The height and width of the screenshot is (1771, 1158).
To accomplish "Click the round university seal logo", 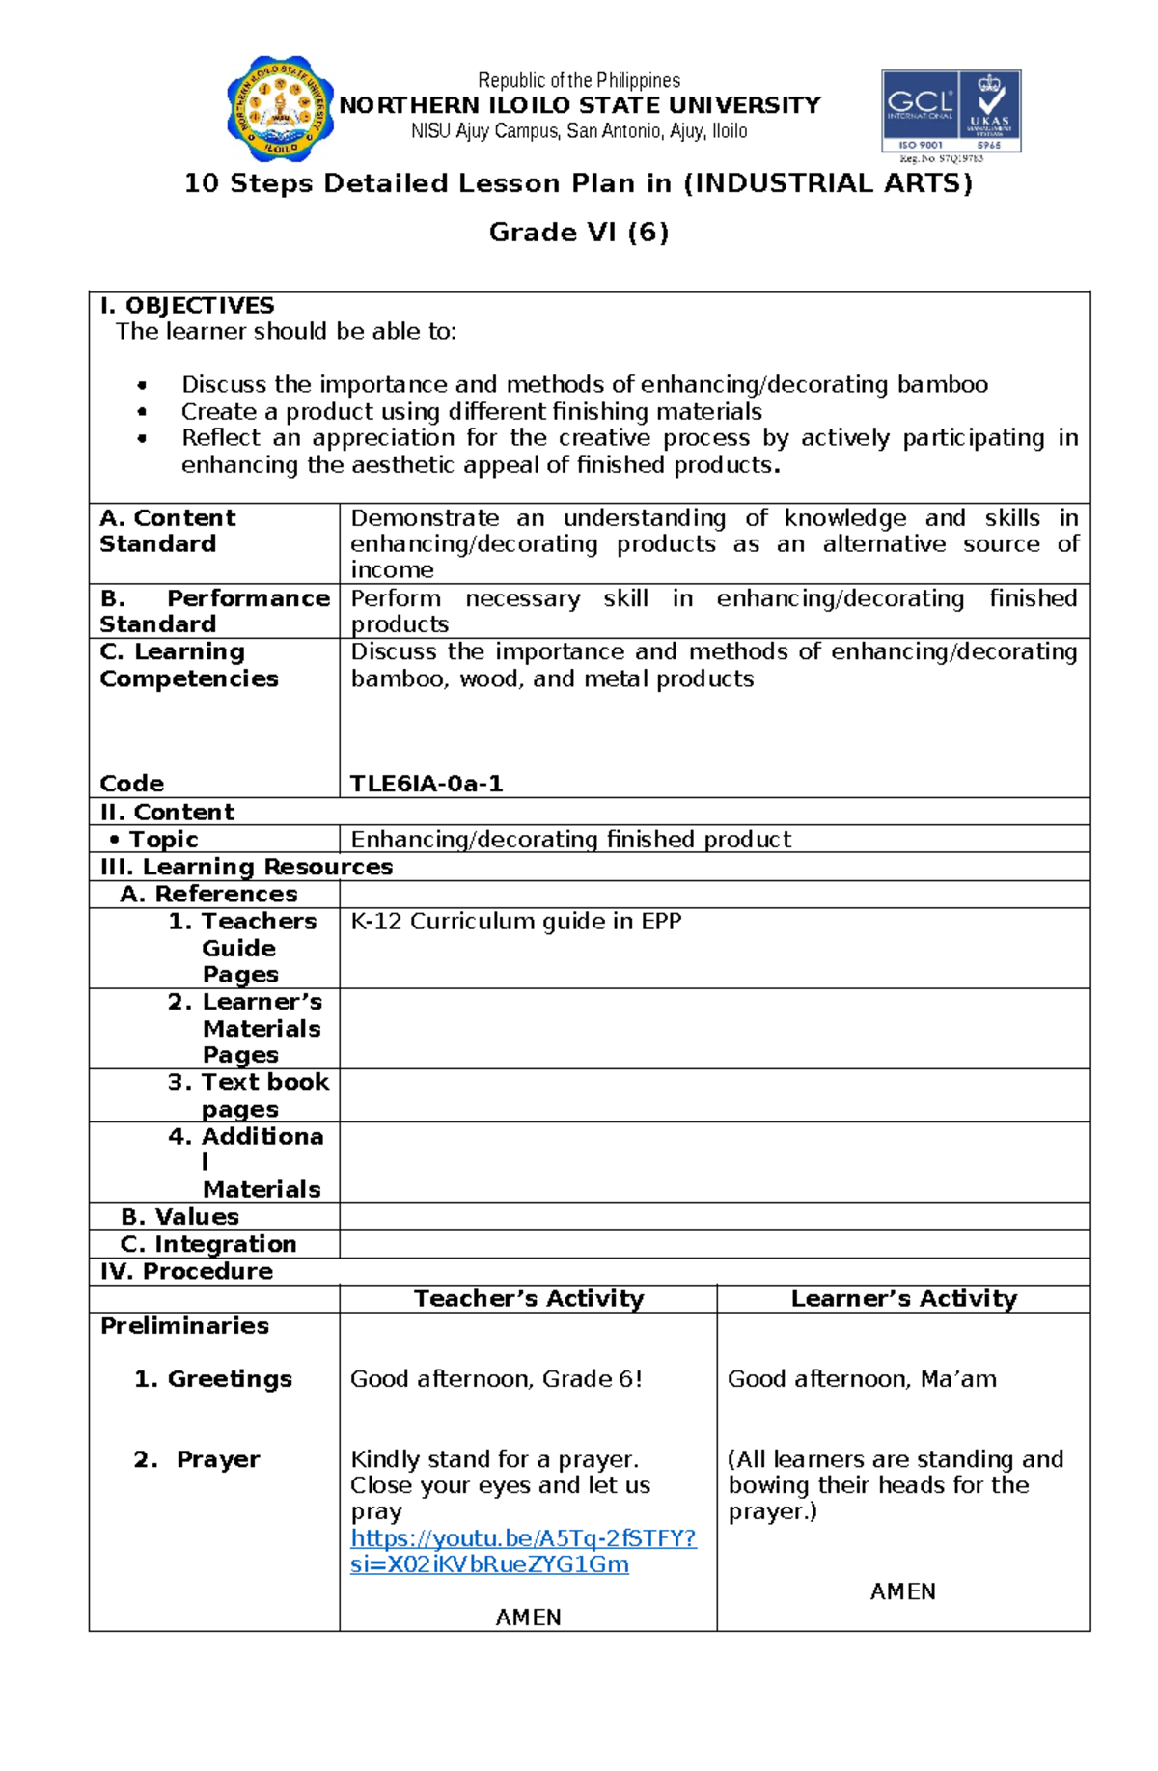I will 280,108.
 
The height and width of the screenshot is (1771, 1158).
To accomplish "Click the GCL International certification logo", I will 951,111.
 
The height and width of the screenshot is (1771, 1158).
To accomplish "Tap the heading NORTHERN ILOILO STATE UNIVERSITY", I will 579,105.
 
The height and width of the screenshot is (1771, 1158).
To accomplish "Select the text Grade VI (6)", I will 579,233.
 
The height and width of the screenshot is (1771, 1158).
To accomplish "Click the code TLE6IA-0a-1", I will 426,784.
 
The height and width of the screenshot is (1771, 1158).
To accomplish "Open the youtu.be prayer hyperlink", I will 522,1551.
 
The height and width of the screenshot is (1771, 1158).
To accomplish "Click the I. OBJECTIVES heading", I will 187,306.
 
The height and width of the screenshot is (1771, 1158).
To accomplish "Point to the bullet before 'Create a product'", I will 143,412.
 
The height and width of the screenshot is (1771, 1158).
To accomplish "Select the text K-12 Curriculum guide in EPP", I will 515,922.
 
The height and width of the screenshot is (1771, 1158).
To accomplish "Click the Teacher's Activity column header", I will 528,1299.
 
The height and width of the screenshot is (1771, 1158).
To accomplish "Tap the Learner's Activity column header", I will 903,1299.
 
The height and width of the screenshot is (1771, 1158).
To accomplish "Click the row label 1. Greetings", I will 212,1379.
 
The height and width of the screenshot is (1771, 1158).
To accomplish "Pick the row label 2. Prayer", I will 197,1459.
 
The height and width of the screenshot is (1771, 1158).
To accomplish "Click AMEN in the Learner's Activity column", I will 902,1591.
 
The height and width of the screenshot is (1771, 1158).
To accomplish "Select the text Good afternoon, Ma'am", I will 862,1379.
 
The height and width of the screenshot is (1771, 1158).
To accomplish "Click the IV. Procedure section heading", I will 186,1271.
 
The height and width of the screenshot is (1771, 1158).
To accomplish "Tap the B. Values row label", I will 179,1217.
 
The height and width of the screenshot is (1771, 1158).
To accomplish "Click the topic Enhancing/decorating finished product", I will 570,840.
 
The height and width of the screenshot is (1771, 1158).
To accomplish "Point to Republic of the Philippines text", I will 579,80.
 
